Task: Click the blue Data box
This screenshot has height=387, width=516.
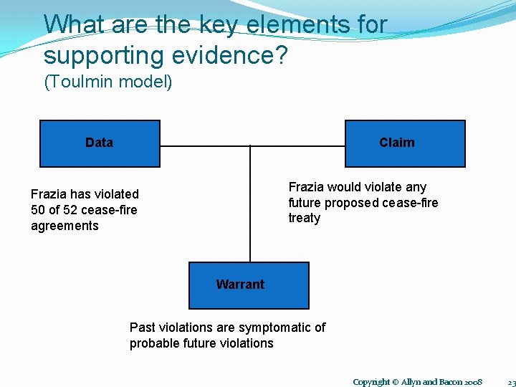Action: click(x=99, y=143)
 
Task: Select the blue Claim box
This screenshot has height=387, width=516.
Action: click(x=405, y=143)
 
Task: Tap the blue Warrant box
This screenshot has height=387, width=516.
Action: click(x=248, y=285)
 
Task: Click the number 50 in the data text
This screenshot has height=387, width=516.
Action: click(x=39, y=210)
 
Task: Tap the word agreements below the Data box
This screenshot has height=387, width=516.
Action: click(x=64, y=226)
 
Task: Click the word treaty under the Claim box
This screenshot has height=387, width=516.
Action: click(x=304, y=218)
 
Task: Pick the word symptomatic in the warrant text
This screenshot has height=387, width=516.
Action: click(x=275, y=328)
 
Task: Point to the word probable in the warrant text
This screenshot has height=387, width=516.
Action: click(x=152, y=343)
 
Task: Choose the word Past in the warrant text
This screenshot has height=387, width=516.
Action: click(x=142, y=328)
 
